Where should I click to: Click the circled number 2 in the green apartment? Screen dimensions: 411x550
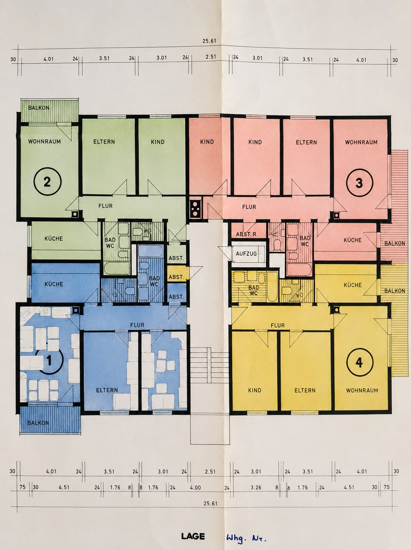[x=47, y=182]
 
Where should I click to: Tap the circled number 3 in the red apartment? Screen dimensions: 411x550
[x=359, y=183]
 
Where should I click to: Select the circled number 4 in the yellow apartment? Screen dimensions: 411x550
[x=360, y=363]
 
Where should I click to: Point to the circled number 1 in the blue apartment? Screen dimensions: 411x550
[x=49, y=360]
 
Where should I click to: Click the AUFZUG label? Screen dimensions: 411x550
[x=246, y=253]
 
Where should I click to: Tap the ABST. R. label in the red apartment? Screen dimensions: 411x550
[x=247, y=234]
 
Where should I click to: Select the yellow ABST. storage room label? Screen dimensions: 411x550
[x=176, y=277]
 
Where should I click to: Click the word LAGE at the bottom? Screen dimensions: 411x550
[x=193, y=536]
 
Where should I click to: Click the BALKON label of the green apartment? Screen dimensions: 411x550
[x=39, y=107]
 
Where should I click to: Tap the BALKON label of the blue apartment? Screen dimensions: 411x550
[x=38, y=423]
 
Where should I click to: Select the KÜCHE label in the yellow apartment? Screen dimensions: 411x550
[x=353, y=285]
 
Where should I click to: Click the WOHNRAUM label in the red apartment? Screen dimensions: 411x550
[x=361, y=142]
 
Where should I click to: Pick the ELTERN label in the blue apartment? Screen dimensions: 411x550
[x=107, y=390]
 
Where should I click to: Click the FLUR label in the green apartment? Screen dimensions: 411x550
[x=105, y=206]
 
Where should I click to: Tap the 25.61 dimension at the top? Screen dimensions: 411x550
[x=209, y=41]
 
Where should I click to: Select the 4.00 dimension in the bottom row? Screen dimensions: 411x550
[x=195, y=487]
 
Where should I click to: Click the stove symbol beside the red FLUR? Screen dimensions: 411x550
[x=195, y=209]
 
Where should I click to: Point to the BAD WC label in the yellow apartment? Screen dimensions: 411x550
[x=254, y=290]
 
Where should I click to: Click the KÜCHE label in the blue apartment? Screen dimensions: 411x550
[x=53, y=284]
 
